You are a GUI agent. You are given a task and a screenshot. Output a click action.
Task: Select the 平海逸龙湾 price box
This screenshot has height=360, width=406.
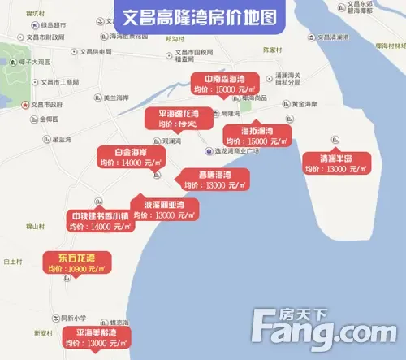(175, 119)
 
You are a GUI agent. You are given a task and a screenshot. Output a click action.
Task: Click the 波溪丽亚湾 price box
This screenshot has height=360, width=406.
(163, 210)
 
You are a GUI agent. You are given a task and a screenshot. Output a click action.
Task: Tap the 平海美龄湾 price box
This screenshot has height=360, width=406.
(97, 338)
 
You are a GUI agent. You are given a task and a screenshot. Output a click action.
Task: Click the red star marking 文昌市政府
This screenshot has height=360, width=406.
(24, 105)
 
